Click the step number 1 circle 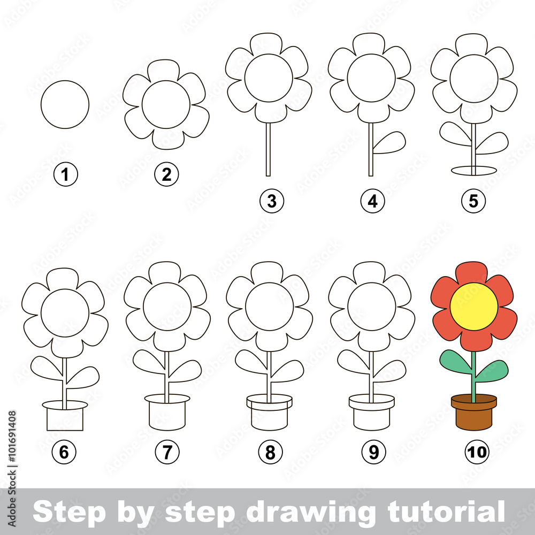(66, 175)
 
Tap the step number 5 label (473, 201)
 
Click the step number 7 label (167, 453)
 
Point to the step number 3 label (272, 201)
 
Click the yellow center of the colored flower (473, 307)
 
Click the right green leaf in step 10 (492, 370)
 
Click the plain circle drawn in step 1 (65, 104)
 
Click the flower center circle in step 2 (166, 104)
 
